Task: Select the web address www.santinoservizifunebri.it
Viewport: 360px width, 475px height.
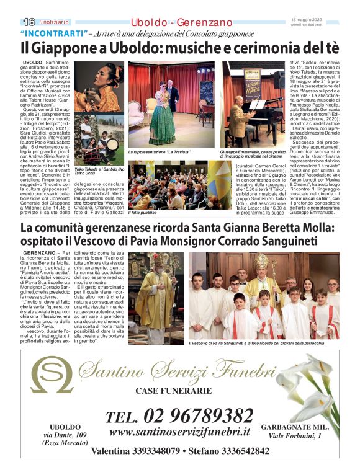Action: pos(179,432)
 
